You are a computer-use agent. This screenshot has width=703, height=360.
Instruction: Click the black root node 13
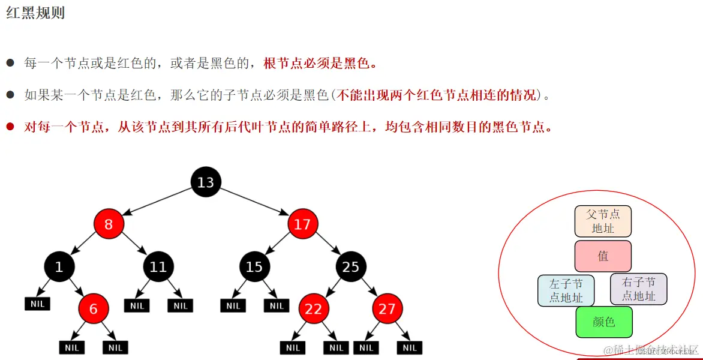tap(206, 182)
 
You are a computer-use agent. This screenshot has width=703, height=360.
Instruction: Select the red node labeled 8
tap(109, 224)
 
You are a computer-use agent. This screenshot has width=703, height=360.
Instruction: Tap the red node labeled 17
tap(302, 224)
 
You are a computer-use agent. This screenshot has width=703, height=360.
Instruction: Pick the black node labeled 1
tap(59, 266)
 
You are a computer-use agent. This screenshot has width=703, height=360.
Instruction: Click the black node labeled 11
tap(158, 266)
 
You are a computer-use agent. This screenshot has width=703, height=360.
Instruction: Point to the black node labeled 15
tap(254, 266)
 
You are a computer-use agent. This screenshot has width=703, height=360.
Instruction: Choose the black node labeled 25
tap(351, 266)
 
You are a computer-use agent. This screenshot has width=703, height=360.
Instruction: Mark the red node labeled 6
tap(93, 309)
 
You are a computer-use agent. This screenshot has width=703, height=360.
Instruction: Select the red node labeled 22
tap(313, 309)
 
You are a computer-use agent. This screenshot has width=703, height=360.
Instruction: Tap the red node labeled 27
tap(387, 309)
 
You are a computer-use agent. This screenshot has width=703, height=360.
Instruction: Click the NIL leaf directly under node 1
tap(37, 304)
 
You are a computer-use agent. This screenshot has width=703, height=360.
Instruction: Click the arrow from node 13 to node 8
tap(157, 203)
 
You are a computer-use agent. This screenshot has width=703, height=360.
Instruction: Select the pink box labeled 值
tap(603, 256)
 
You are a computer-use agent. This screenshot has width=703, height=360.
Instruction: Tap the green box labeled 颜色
tap(603, 322)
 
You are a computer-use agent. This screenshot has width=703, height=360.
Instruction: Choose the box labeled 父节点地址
tap(603, 221)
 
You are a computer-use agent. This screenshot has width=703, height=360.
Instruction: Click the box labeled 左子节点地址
tap(566, 290)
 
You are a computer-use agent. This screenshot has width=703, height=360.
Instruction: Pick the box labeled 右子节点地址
tap(638, 289)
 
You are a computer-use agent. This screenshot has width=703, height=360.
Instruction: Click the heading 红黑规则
tap(35, 13)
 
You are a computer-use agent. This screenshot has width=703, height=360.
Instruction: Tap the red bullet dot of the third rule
tap(10, 127)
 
